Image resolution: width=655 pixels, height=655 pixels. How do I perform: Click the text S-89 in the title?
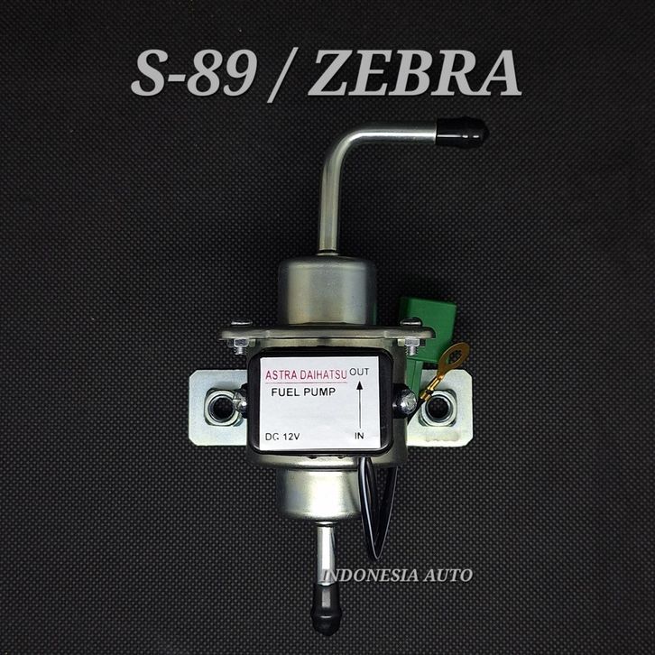(x=193, y=73)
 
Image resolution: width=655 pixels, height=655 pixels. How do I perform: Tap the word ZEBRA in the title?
(x=415, y=73)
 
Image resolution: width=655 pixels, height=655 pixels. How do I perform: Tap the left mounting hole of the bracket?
(x=221, y=408)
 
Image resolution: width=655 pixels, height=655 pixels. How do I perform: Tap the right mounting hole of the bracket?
(x=438, y=407)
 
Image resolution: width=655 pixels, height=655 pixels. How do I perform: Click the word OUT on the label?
(x=359, y=372)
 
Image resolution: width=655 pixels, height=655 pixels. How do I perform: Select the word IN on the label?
(x=359, y=436)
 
